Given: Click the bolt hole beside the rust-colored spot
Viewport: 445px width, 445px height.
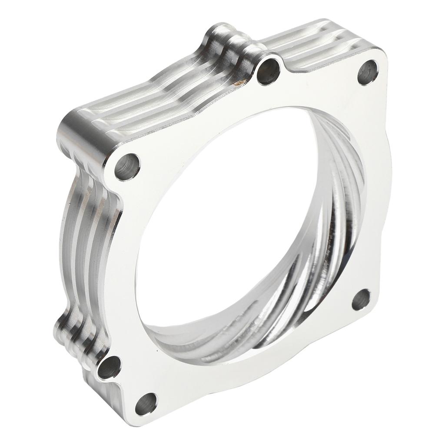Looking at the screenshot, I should point(268,71).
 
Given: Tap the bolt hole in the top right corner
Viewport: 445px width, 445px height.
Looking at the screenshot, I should point(368,72).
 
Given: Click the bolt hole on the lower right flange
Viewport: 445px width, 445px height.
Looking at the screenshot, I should point(361,299).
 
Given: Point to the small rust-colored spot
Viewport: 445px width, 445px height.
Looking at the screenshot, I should point(238,81).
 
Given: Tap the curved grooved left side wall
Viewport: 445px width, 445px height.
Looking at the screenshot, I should point(87,243).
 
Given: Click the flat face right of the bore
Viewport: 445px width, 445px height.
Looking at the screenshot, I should point(374,196).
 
